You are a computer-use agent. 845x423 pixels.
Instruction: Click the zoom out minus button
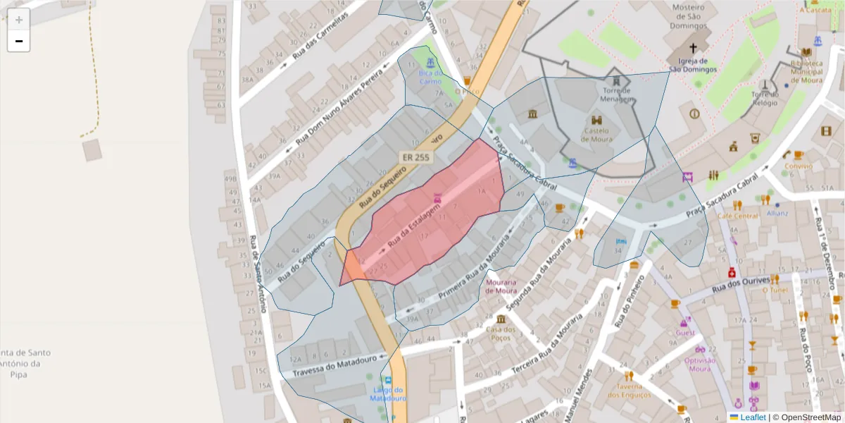pos(19,42)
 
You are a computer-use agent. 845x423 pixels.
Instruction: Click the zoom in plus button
pos(19,20)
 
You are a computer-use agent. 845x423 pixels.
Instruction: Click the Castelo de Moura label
pos(596,135)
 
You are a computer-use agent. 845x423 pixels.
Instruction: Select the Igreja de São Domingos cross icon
pos(693,48)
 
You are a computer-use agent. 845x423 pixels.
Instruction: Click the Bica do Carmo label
pos(430,77)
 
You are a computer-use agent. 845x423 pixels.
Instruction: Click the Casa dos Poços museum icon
pos(501,319)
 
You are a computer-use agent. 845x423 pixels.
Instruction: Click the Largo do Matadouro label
pos(388,394)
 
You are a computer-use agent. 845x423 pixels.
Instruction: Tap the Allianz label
pos(777,213)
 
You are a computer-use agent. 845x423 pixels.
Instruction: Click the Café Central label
pos(739,216)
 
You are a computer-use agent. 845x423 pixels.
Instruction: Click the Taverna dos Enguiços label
pos(629,390)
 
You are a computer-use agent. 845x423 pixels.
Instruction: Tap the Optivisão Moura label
pos(699,364)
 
